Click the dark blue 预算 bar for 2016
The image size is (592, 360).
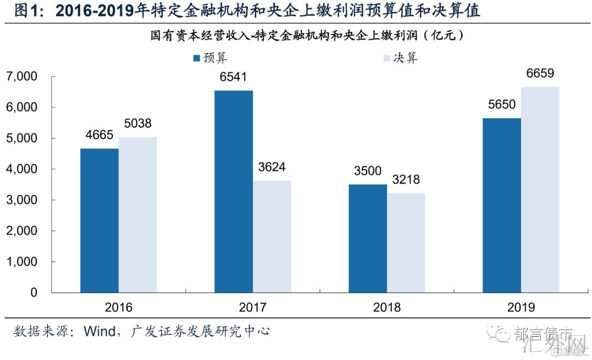pyautogui.click(x=99, y=220)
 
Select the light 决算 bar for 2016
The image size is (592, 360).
pyautogui.click(x=138, y=215)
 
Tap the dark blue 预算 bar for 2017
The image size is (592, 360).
pyautogui.click(x=234, y=191)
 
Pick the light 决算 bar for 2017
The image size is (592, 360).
pyautogui.click(x=272, y=236)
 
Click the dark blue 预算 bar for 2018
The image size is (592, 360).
pyautogui.click(x=367, y=238)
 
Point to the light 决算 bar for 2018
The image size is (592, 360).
pyautogui.click(x=406, y=243)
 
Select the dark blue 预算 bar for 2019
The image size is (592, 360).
pyautogui.click(x=502, y=205)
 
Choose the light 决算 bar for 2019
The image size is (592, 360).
pyautogui.click(x=540, y=190)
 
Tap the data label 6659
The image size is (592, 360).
pyautogui.click(x=540, y=73)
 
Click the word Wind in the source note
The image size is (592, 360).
pyautogui.click(x=99, y=331)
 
